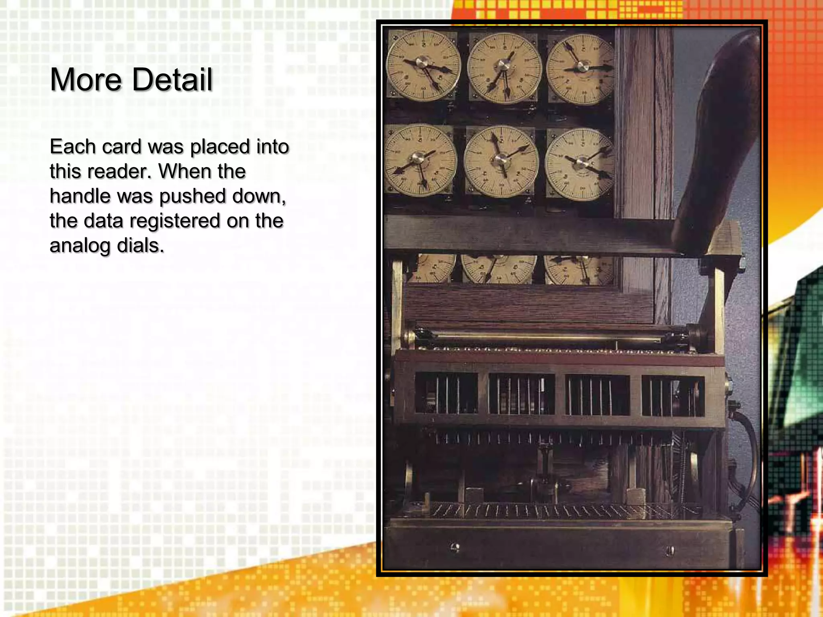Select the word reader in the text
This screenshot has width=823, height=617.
point(120,172)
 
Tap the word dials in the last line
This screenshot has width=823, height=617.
point(141,245)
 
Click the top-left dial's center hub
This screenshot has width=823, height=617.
point(422,63)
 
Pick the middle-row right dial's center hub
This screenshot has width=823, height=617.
point(581,162)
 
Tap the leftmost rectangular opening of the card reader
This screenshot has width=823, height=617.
point(446,393)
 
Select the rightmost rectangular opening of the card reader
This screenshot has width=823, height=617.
point(673,396)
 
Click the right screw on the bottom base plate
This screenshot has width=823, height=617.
point(670,550)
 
